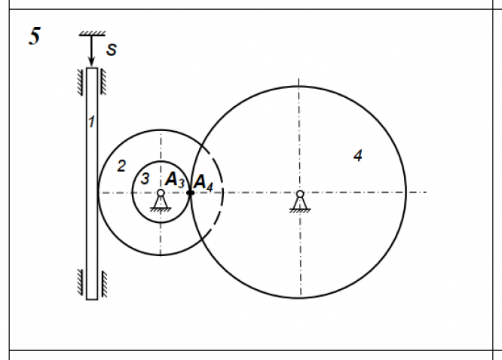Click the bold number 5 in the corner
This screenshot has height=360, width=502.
coord(35,36)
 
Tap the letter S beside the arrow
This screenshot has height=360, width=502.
coord(112,50)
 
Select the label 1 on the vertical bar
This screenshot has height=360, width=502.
coord(91,121)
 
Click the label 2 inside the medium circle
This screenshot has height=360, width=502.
coord(121,166)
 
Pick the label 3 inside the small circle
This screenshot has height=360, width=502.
coord(145,178)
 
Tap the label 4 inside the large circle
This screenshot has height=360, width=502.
coord(358,155)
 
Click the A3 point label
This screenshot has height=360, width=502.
coord(175,180)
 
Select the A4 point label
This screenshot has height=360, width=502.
coord(204,183)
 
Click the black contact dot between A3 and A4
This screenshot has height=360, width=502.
coord(190,193)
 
